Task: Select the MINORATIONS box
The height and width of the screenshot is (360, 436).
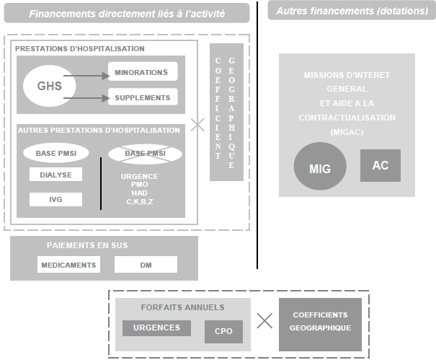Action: point(141,72)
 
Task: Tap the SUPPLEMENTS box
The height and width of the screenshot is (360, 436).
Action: point(141,97)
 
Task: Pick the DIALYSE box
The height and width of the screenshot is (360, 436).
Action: point(55,174)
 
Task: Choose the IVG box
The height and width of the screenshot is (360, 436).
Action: point(55,198)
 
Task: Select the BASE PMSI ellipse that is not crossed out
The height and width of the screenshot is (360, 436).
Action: point(56,153)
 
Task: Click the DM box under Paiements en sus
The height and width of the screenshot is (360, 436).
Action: point(146,265)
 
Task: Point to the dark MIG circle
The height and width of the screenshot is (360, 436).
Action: point(320,169)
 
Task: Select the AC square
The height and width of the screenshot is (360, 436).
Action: point(380,165)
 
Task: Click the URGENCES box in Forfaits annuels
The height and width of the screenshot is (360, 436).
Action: point(156,328)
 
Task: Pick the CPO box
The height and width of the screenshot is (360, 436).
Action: point(223,332)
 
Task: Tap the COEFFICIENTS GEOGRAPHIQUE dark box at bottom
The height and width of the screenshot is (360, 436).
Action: point(319,321)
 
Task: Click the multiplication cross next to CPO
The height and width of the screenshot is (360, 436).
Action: point(264,321)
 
